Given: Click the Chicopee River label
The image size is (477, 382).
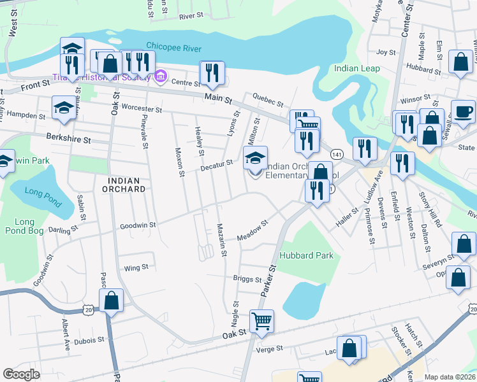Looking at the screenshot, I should (173, 48).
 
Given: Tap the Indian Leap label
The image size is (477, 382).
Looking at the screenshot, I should (356, 68).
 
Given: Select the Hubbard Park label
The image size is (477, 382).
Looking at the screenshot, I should (306, 255).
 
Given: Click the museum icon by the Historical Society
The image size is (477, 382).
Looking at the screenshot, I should (160, 77).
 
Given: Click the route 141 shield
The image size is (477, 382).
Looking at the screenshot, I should (335, 155).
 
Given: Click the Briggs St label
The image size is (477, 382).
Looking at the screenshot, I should (247, 279).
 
